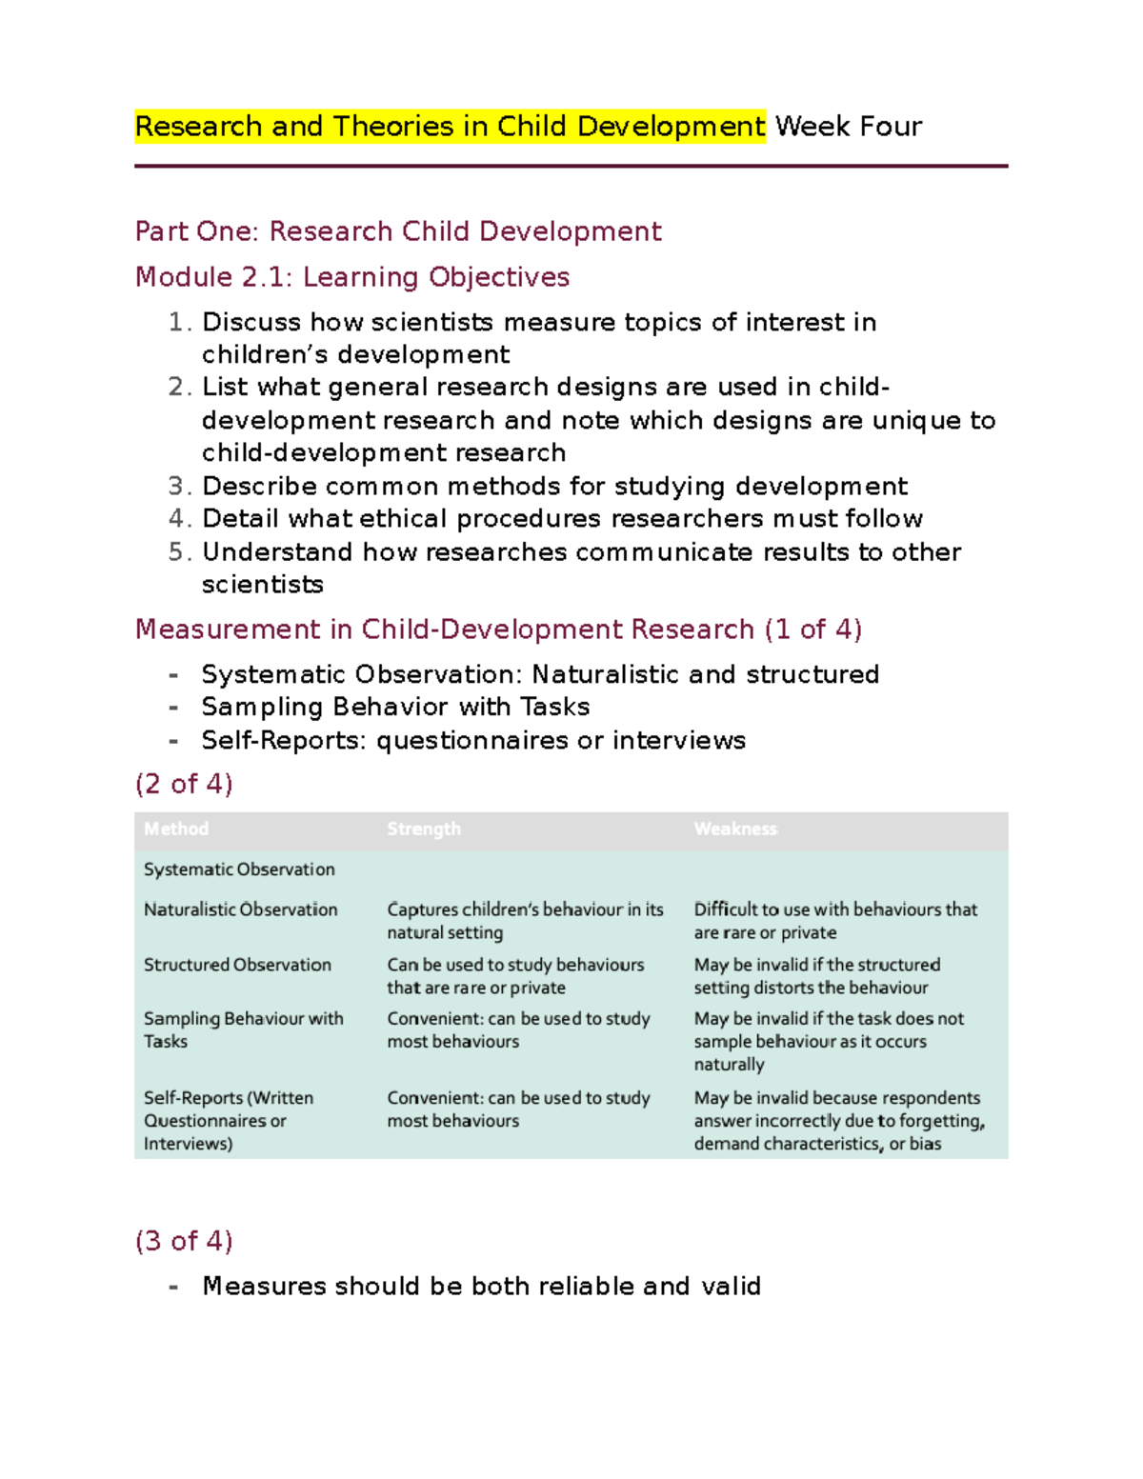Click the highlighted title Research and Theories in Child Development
click(x=450, y=127)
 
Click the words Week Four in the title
click(x=848, y=127)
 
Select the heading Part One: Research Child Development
click(x=398, y=231)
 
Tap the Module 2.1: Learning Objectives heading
click(x=352, y=277)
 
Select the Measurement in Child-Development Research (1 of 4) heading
click(x=498, y=630)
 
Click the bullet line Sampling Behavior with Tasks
click(x=395, y=707)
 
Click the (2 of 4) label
click(x=184, y=784)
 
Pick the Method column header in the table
click(x=176, y=829)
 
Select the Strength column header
click(x=424, y=829)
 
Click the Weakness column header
click(x=735, y=829)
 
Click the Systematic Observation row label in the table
click(x=239, y=869)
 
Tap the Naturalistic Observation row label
click(x=240, y=909)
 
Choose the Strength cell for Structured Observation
click(x=515, y=976)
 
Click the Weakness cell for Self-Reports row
click(x=838, y=1121)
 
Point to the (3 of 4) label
click(x=184, y=1241)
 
